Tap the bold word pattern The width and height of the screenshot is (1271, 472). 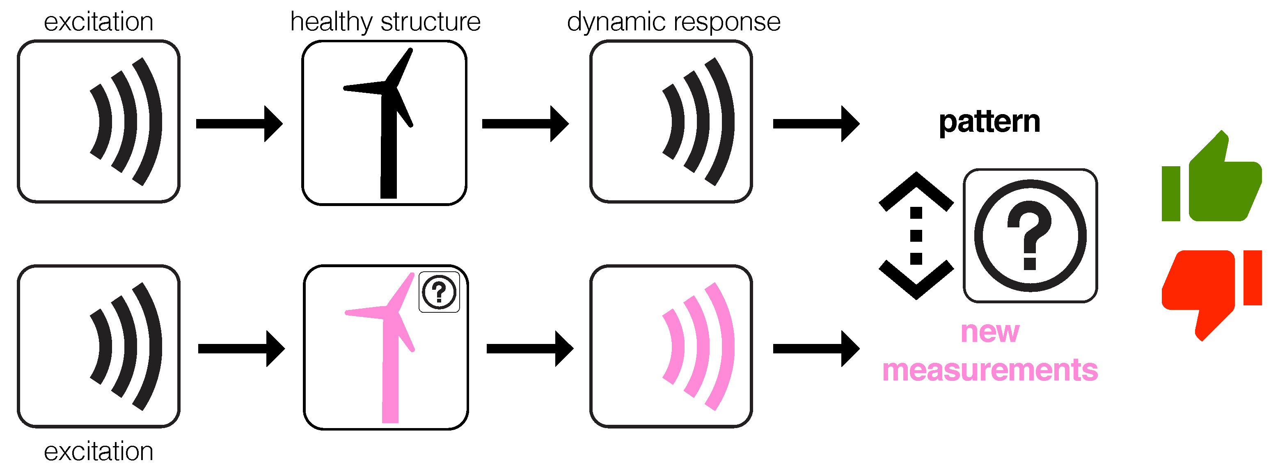pyautogui.click(x=989, y=122)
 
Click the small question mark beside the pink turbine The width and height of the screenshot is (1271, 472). pyautogui.click(x=439, y=292)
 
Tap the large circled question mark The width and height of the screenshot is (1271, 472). pyautogui.click(x=1030, y=236)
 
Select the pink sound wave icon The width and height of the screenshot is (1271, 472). pyautogui.click(x=698, y=346)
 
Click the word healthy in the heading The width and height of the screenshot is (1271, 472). pyautogui.click(x=331, y=22)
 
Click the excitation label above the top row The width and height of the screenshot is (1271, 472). pyautogui.click(x=98, y=22)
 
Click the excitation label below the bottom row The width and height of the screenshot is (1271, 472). pyautogui.click(x=98, y=451)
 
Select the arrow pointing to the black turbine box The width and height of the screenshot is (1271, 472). pyautogui.click(x=239, y=123)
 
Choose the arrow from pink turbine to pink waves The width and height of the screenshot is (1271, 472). pyautogui.click(x=529, y=349)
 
